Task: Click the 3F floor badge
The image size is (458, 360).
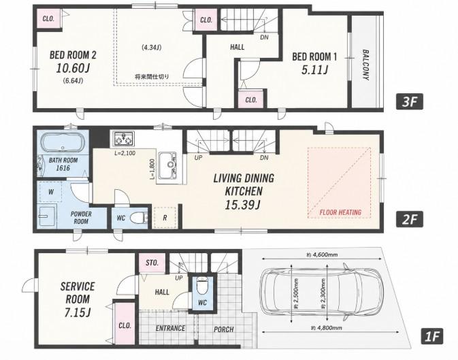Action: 410,102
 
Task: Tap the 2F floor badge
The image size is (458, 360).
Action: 410,219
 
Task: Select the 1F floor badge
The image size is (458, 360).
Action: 431,336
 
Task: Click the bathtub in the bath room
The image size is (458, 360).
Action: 63,143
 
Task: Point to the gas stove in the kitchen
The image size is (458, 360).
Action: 124,138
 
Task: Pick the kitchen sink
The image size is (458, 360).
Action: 167,166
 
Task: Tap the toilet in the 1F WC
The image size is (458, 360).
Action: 202,286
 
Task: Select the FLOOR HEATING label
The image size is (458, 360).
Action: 340,212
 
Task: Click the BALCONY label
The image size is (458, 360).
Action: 365,65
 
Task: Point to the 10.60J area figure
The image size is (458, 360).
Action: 73,68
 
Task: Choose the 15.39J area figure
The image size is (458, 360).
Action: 242,205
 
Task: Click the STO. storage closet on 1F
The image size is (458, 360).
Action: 152,263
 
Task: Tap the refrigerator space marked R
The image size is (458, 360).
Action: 165,218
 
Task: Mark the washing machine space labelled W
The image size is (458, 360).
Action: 51,192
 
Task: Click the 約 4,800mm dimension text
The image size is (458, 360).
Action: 326,328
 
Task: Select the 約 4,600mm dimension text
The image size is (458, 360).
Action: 322,255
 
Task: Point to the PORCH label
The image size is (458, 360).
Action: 224,329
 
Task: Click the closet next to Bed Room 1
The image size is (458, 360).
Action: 251,99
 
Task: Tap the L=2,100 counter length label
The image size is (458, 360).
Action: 125,153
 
